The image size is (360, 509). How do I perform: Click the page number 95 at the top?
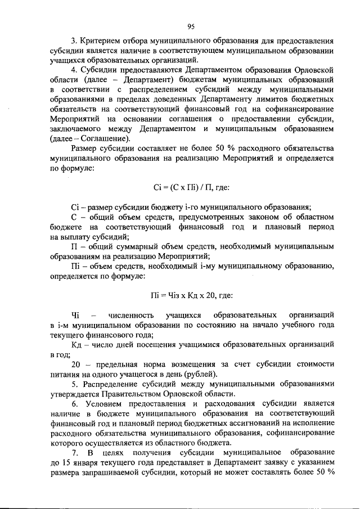190,26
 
